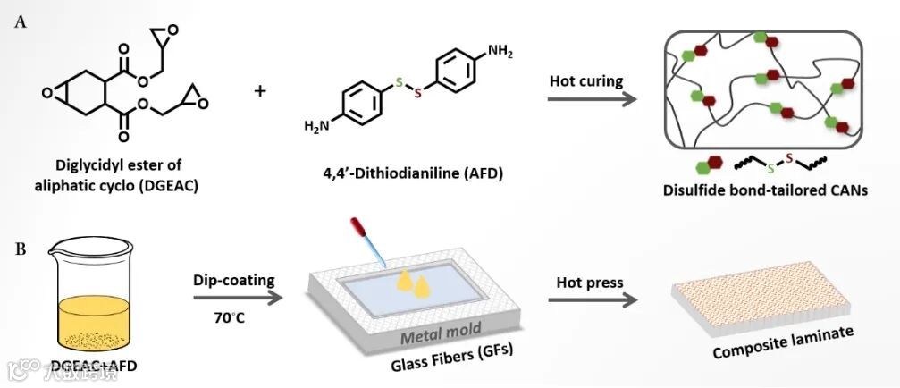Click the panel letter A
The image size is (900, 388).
click(x=21, y=23)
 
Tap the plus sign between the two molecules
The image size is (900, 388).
click(x=261, y=90)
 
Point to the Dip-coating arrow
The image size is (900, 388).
click(x=235, y=302)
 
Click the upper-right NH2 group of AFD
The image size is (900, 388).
click(x=501, y=54)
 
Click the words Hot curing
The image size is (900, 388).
click(x=586, y=80)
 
